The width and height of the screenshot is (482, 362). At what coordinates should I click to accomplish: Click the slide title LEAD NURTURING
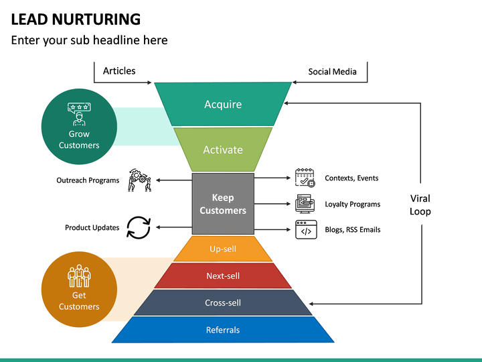click(76, 19)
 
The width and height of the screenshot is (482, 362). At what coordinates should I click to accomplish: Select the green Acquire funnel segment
click(223, 104)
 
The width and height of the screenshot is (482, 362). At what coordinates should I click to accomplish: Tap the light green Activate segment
click(223, 149)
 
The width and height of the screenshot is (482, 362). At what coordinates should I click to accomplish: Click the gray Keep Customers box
click(223, 204)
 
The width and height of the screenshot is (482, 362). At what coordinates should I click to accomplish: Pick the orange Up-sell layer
click(223, 249)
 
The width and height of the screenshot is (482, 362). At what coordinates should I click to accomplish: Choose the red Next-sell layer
click(223, 276)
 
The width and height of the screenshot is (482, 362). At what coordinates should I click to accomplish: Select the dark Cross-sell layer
click(223, 302)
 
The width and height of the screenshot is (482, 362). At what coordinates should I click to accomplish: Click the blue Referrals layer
click(223, 330)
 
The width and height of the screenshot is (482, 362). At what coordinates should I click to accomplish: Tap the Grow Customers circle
click(79, 127)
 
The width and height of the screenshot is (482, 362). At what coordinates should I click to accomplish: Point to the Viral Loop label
click(420, 204)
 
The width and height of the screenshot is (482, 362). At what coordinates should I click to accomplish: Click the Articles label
click(119, 71)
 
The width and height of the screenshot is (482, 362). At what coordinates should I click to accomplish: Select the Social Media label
click(332, 72)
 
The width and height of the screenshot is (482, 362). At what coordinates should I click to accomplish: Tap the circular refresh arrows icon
click(139, 227)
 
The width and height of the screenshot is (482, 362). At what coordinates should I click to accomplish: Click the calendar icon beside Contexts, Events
click(305, 178)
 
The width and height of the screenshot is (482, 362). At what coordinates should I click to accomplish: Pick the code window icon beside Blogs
click(305, 229)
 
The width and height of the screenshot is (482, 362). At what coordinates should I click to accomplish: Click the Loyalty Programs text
click(352, 204)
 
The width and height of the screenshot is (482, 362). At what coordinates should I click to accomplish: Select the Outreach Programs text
click(88, 180)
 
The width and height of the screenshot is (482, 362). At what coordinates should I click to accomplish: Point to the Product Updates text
click(92, 227)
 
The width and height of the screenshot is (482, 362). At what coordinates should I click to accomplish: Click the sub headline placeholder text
click(89, 40)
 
